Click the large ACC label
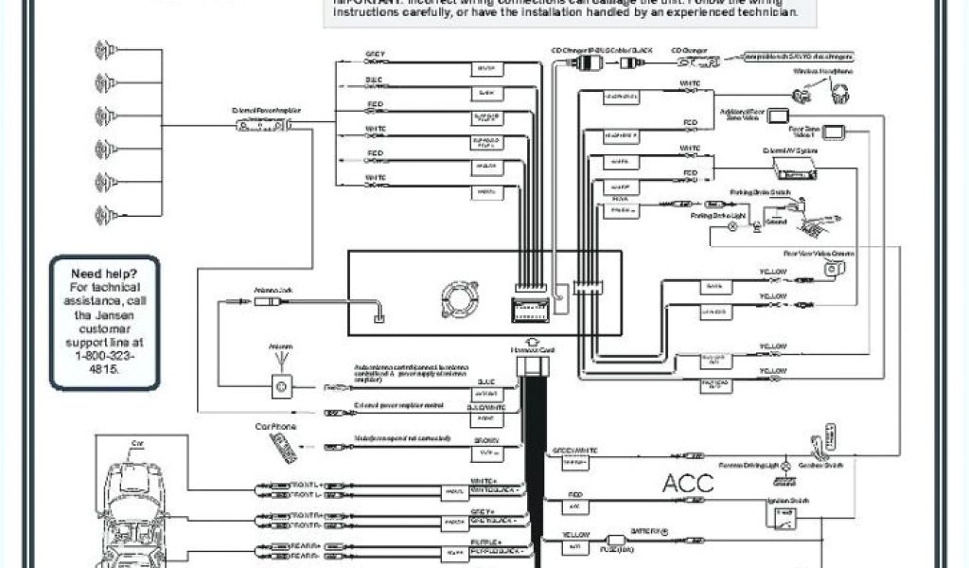(687, 483)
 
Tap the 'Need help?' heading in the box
(105, 274)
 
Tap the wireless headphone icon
(839, 92)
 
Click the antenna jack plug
(265, 301)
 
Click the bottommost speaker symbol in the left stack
(105, 215)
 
